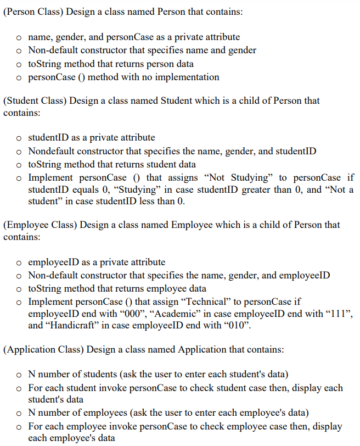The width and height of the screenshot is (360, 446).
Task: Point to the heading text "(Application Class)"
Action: (41, 349)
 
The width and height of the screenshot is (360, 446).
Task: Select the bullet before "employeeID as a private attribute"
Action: (19, 263)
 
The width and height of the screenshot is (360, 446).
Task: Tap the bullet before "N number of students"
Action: (19, 375)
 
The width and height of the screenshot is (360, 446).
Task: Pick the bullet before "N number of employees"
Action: (19, 413)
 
